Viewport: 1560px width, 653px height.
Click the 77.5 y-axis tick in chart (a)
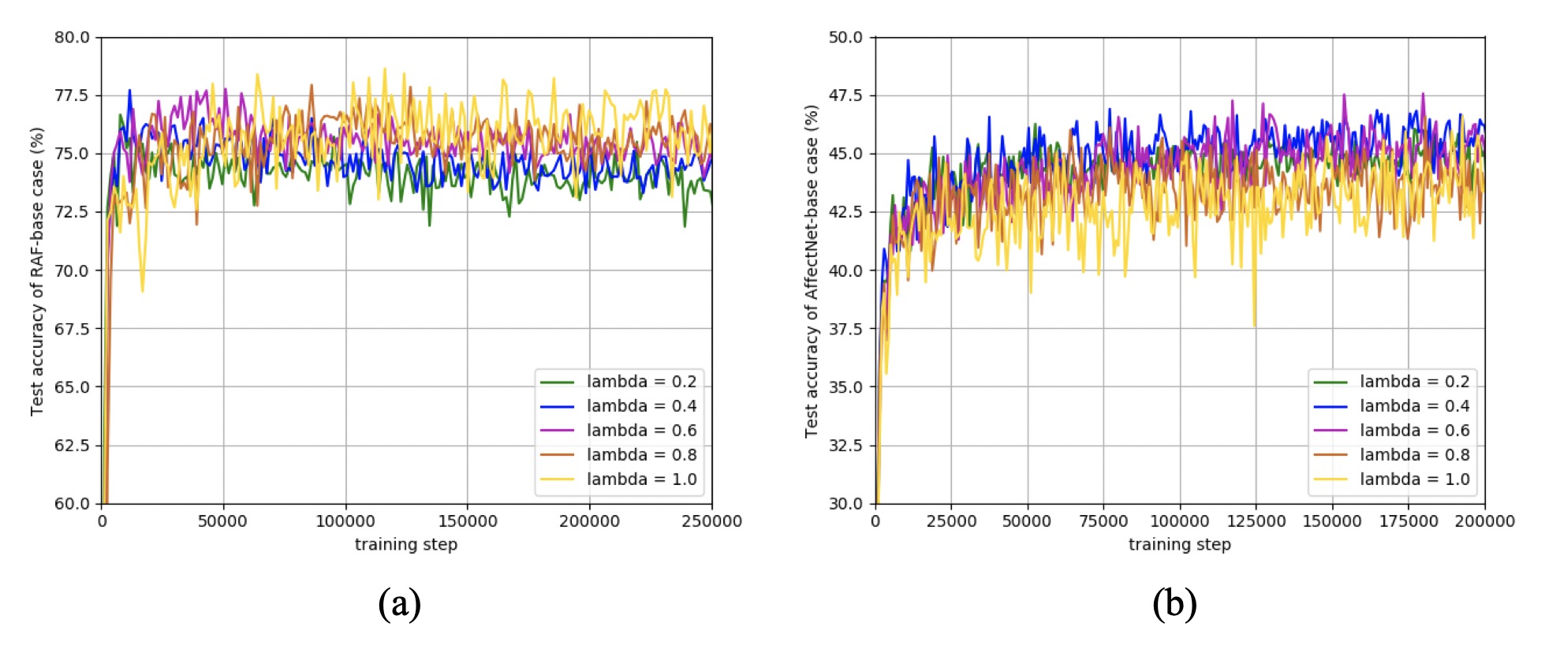click(x=72, y=95)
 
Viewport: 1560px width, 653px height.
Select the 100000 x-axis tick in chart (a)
click(x=345, y=521)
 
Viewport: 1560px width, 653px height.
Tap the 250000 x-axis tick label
click(x=711, y=521)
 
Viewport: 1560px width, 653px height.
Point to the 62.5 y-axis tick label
click(x=72, y=446)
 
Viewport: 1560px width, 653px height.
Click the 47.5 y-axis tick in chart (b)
click(x=845, y=95)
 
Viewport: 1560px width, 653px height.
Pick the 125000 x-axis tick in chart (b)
click(x=1256, y=521)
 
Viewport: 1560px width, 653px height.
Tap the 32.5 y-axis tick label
click(x=845, y=446)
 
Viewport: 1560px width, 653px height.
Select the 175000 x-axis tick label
click(x=1409, y=521)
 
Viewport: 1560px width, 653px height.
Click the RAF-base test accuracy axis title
click(x=36, y=271)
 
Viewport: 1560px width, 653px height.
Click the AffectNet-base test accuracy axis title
click(x=811, y=271)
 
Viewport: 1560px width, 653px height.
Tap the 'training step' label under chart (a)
click(x=406, y=544)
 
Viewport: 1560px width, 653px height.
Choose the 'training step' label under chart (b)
click(x=1180, y=544)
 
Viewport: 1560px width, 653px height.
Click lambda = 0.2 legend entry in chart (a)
click(x=618, y=382)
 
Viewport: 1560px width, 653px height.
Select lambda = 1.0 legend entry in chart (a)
click(x=618, y=479)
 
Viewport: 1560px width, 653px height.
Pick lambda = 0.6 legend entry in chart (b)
click(x=1392, y=431)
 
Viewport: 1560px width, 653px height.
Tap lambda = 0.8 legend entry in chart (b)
click(x=1392, y=455)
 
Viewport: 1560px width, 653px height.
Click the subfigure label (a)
click(x=400, y=604)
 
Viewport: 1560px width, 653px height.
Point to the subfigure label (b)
click(x=1174, y=604)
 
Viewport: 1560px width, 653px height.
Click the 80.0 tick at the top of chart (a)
click(x=72, y=37)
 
